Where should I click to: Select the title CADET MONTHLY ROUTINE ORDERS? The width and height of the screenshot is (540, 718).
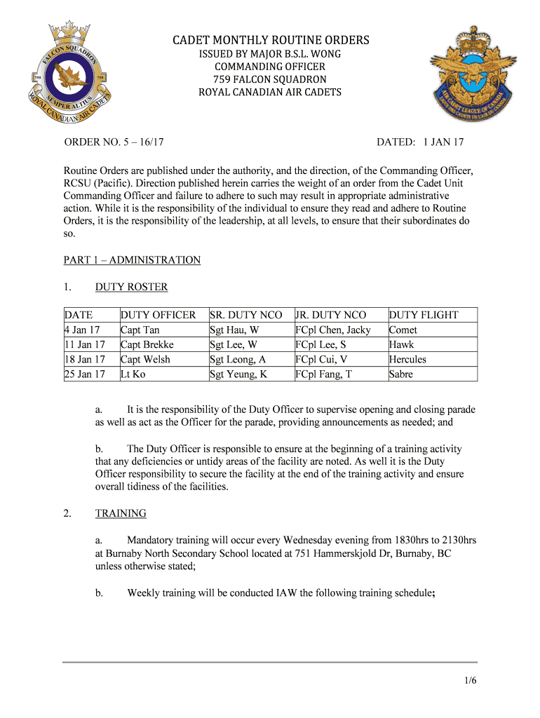pyautogui.click(x=271, y=40)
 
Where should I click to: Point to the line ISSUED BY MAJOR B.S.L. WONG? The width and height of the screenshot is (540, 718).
pyautogui.click(x=271, y=55)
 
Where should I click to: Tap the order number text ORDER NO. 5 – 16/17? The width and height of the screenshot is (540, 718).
pyautogui.click(x=115, y=142)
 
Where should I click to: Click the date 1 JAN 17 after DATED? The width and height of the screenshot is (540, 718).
pyautogui.click(x=443, y=142)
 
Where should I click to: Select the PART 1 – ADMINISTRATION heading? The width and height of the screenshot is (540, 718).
pyautogui.click(x=132, y=260)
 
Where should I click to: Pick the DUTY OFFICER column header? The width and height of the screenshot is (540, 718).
pyautogui.click(x=158, y=315)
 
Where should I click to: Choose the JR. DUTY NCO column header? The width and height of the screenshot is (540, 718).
pyautogui.click(x=331, y=315)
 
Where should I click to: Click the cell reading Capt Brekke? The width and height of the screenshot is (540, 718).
pyautogui.click(x=147, y=344)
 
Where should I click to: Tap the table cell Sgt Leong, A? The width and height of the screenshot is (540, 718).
pyautogui.click(x=238, y=359)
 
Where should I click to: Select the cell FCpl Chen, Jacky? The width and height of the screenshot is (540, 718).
pyautogui.click(x=333, y=330)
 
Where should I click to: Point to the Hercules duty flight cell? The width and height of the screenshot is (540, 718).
pyautogui.click(x=407, y=359)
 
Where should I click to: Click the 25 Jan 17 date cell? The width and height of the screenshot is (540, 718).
pyautogui.click(x=85, y=374)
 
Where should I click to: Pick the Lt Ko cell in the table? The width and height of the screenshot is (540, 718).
pyautogui.click(x=133, y=374)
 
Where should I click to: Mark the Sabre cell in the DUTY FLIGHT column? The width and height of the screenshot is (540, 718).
pyautogui.click(x=401, y=374)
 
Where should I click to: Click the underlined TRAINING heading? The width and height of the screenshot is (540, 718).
pyautogui.click(x=121, y=513)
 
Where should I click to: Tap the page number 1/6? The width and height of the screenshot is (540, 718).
pyautogui.click(x=470, y=680)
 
